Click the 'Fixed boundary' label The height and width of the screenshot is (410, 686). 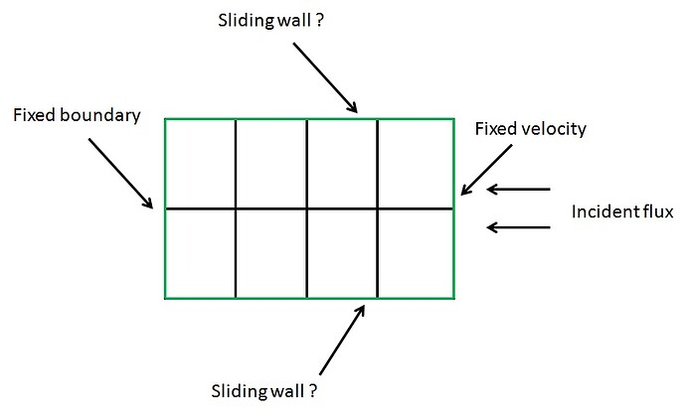pos(77,115)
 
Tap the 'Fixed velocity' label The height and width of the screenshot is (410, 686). pos(530,129)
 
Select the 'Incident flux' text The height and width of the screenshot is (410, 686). pos(622,211)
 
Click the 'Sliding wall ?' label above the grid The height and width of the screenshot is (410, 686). pos(270,21)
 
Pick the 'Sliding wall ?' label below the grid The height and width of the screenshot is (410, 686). pos(263,390)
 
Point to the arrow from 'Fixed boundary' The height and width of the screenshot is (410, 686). pos(120,174)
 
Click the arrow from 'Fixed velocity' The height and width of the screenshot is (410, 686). pos(486,170)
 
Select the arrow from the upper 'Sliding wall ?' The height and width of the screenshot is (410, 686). pos(325,77)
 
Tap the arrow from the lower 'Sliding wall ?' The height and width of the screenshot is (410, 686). pos(342,340)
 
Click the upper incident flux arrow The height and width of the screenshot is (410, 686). pos(518,189)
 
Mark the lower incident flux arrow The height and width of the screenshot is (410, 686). pos(518,227)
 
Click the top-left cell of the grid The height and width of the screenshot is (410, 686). pos(201,164)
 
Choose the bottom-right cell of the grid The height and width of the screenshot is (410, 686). pos(416,254)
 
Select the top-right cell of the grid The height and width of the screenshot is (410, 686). pos(416,164)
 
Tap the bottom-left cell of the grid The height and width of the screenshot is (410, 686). pos(201,254)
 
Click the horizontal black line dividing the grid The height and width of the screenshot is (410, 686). pos(309,208)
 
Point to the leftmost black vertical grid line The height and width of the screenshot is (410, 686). pos(236,208)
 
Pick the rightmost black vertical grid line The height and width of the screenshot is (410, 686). pos(378,208)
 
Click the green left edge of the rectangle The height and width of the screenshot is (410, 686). pos(165,208)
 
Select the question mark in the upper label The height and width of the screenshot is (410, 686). pos(319,21)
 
